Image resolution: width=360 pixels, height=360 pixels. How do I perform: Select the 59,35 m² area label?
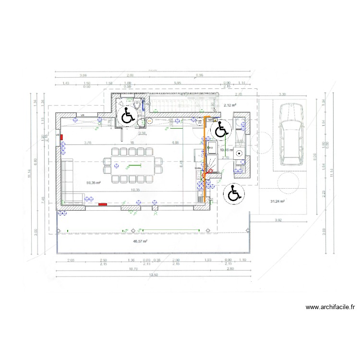[93, 183]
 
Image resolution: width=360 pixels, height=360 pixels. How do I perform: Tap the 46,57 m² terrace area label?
[140, 241]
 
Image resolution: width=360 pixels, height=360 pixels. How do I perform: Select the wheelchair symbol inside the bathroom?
[154, 116]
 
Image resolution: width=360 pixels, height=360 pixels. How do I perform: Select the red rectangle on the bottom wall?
[102, 204]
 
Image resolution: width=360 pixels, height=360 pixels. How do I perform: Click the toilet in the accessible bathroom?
[139, 104]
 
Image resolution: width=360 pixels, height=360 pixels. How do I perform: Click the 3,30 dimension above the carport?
[282, 95]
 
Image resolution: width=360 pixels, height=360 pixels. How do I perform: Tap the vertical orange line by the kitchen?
[204, 158]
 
